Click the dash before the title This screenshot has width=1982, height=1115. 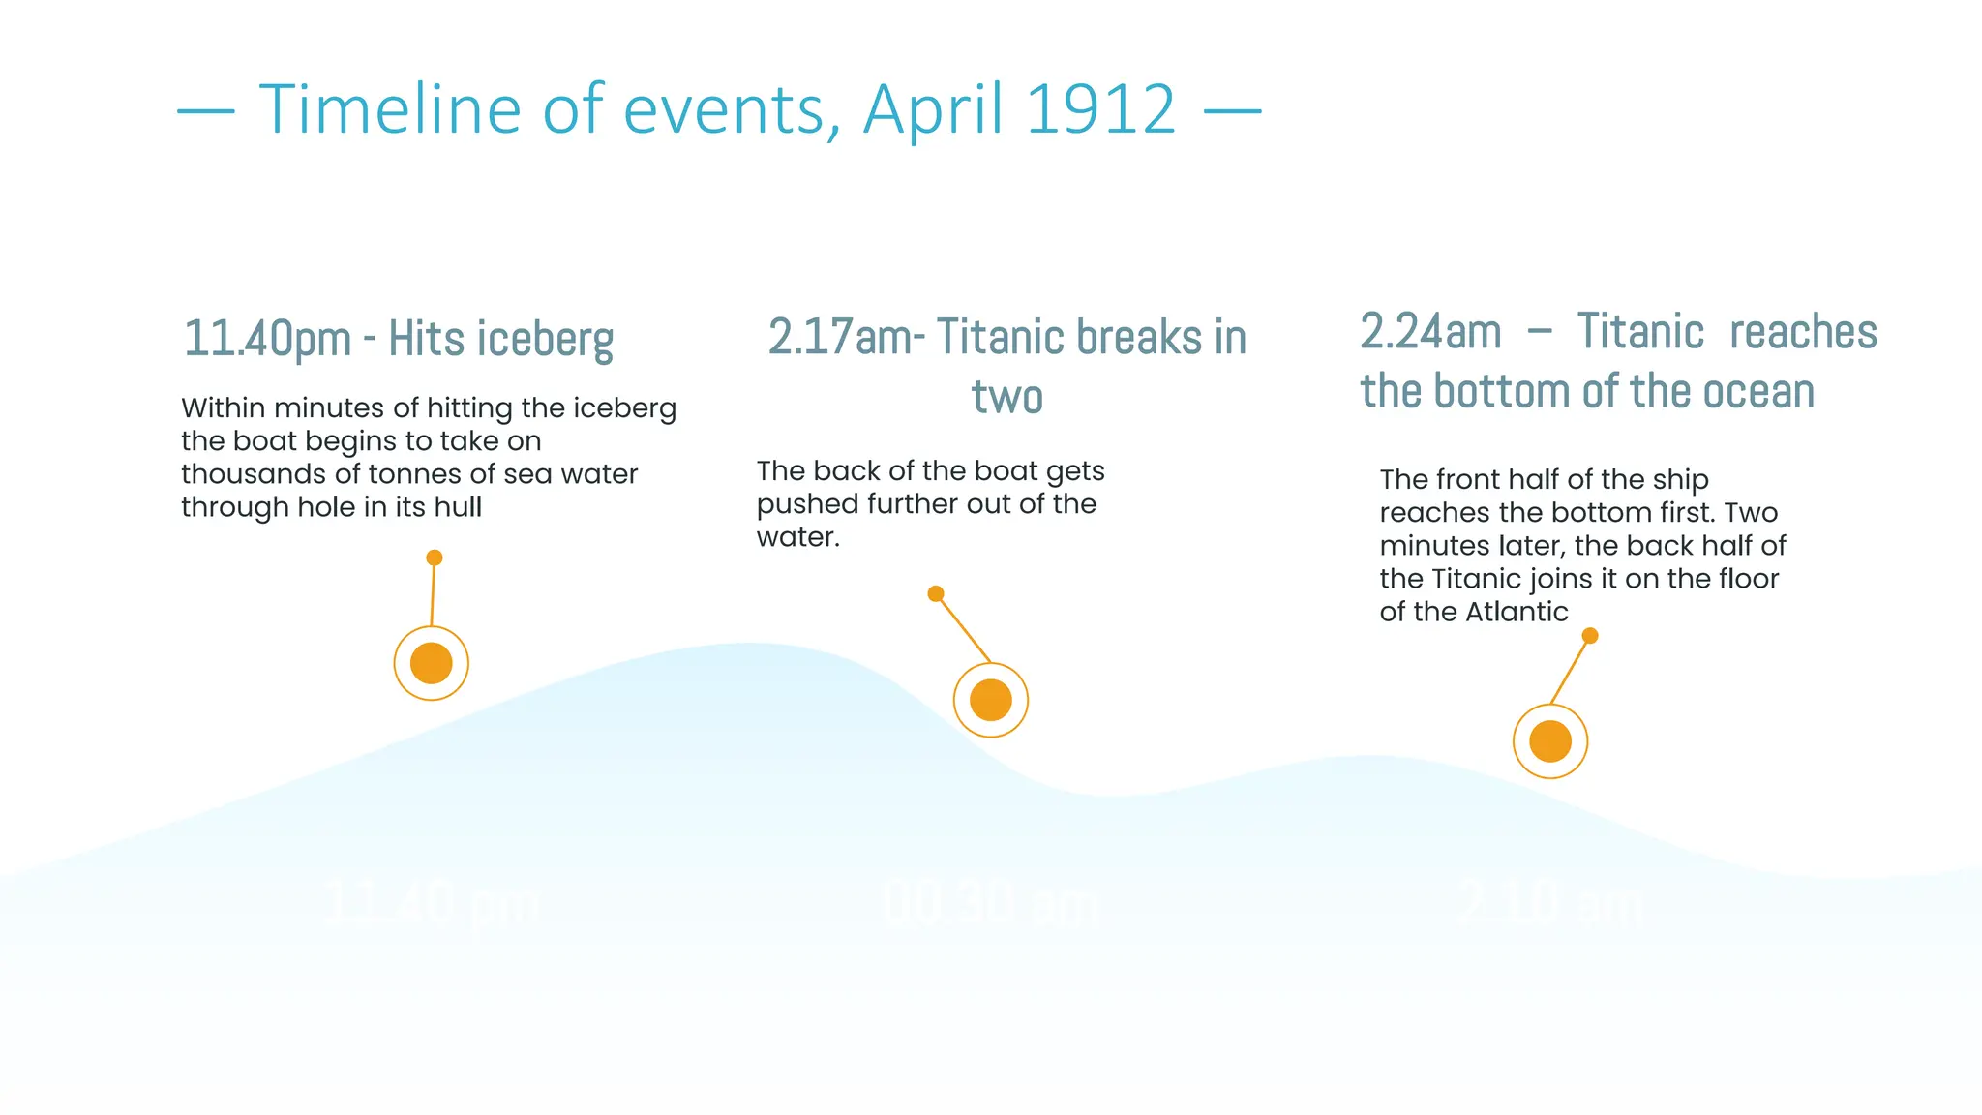pyautogui.click(x=206, y=112)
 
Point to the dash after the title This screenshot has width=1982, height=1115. pyautogui.click(x=1232, y=112)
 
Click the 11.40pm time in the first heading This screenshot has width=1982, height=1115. pyautogui.click(x=267, y=340)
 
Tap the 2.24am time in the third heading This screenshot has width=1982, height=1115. pyautogui.click(x=1430, y=332)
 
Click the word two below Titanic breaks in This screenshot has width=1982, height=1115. pyautogui.click(x=1006, y=397)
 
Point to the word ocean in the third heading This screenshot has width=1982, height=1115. pyautogui.click(x=1758, y=392)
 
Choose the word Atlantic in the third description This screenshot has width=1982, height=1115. pyautogui.click(x=1516, y=612)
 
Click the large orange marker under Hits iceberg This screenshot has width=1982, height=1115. pyautogui.click(x=432, y=663)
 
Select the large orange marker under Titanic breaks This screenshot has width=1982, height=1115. pyautogui.click(x=990, y=700)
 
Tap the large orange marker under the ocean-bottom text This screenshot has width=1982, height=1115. pyautogui.click(x=1549, y=741)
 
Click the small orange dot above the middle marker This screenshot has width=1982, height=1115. pyautogui.click(x=936, y=594)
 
